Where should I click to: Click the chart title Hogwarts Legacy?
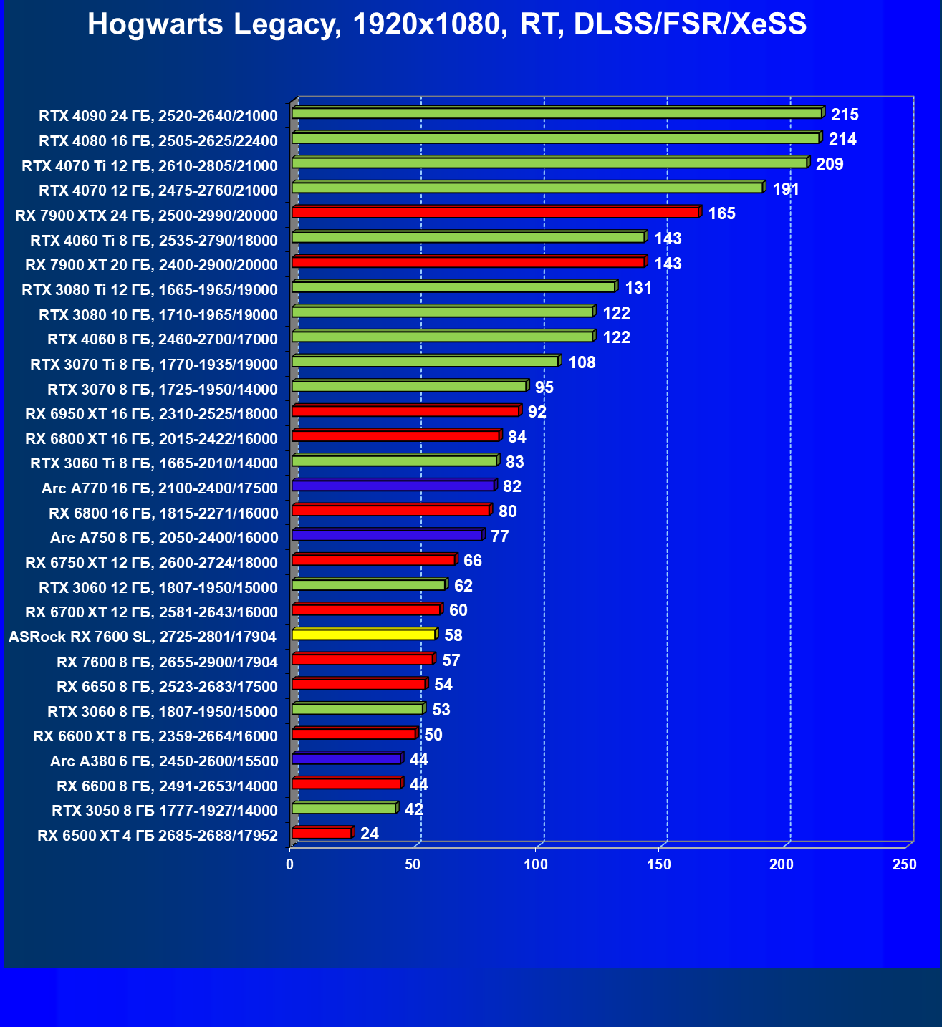tap(447, 24)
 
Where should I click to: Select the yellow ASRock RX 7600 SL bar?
tap(363, 635)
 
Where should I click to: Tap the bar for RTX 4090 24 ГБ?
tap(557, 113)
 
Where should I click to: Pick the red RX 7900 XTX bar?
tap(495, 213)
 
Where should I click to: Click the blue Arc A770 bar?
tap(393, 486)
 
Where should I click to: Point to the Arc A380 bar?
tap(346, 758)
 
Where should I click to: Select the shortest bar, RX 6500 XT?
tap(322, 833)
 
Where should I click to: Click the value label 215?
tap(845, 115)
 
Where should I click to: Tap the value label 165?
tap(721, 213)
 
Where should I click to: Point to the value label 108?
tap(582, 362)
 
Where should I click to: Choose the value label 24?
tap(370, 834)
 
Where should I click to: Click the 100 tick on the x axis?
tap(536, 864)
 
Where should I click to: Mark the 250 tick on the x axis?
tap(905, 864)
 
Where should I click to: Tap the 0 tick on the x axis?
tap(289, 864)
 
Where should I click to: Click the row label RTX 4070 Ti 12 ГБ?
tap(150, 166)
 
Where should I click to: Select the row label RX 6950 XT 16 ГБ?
tap(151, 414)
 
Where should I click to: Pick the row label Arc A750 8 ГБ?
tap(164, 538)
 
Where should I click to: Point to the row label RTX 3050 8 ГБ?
tap(165, 811)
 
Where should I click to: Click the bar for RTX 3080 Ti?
tap(453, 287)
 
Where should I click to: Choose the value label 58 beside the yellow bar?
tap(453, 635)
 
